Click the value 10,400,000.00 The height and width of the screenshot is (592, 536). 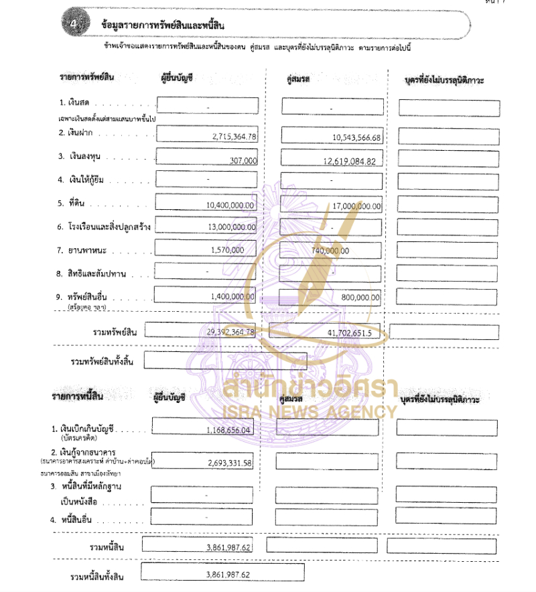point(231,205)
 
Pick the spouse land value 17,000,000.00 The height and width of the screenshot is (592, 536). point(356,206)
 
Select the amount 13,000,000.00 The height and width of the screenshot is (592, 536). point(231,227)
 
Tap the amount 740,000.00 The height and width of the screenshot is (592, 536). point(330,251)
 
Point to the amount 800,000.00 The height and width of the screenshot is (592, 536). point(360,297)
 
